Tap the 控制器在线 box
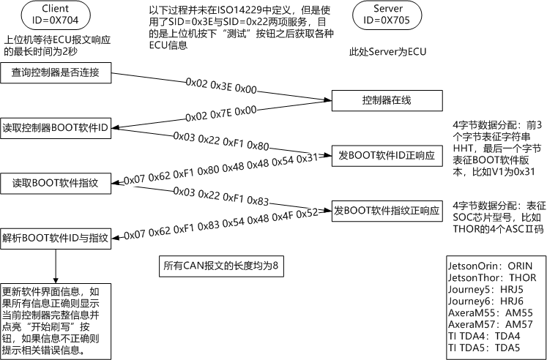[x=387, y=100]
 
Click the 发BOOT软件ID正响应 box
[x=387, y=155]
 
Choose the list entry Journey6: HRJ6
[x=484, y=301]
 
